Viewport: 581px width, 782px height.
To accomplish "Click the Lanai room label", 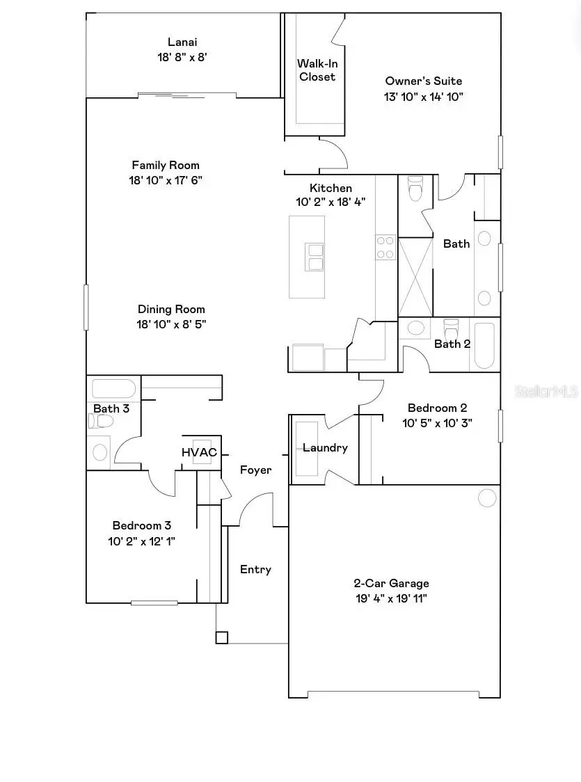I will pos(182,42).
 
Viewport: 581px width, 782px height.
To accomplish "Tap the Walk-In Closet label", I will pos(317,70).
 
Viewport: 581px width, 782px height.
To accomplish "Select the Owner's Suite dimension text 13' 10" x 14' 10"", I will pos(423,96).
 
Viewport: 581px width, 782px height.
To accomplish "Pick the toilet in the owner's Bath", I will pos(415,188).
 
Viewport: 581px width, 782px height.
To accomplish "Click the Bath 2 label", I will pos(452,344).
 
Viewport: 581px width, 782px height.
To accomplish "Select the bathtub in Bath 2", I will pos(484,345).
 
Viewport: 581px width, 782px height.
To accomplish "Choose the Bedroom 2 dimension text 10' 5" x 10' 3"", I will pos(437,422).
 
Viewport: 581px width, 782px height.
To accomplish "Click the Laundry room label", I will pos(325,448).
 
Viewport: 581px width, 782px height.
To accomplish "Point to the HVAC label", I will pos(199,452).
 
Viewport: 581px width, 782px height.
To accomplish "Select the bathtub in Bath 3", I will pos(113,388).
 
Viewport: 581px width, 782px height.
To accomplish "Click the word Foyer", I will pos(256,470).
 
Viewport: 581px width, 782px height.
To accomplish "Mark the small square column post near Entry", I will pos(221,637).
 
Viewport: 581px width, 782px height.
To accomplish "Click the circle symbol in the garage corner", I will pos(487,497).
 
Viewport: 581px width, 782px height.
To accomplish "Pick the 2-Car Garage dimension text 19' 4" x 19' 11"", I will pos(390,598).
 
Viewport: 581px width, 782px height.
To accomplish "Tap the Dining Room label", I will pos(171,309).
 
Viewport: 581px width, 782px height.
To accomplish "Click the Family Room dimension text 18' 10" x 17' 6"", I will pos(166,180).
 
